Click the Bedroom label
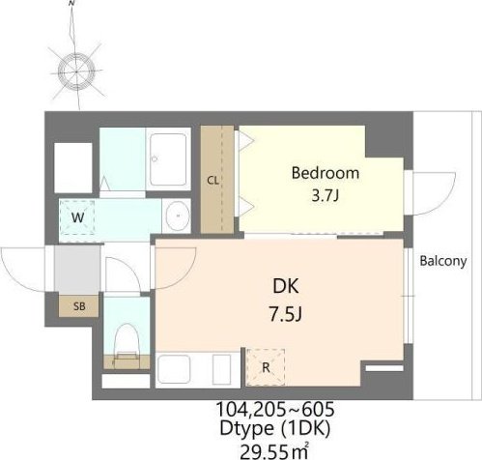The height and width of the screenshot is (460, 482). (326, 173)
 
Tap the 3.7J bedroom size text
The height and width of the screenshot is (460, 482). (326, 195)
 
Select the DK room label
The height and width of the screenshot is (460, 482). (286, 286)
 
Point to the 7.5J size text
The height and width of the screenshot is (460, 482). (285, 314)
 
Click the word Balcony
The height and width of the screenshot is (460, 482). (443, 261)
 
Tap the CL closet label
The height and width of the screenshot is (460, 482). (213, 181)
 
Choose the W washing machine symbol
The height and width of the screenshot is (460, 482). (77, 217)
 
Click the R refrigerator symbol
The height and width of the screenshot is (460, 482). (266, 367)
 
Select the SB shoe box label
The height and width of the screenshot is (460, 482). (79, 306)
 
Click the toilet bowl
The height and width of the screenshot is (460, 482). (127, 340)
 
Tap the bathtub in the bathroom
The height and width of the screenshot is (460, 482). (168, 159)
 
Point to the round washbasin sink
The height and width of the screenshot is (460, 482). (178, 216)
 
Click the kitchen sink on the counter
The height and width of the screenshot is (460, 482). (173, 370)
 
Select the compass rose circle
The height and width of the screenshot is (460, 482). (76, 71)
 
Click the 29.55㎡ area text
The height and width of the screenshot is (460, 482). (274, 451)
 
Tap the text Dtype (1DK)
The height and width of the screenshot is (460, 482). (274, 429)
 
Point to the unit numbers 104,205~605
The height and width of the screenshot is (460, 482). (274, 410)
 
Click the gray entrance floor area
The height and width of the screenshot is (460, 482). (77, 270)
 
